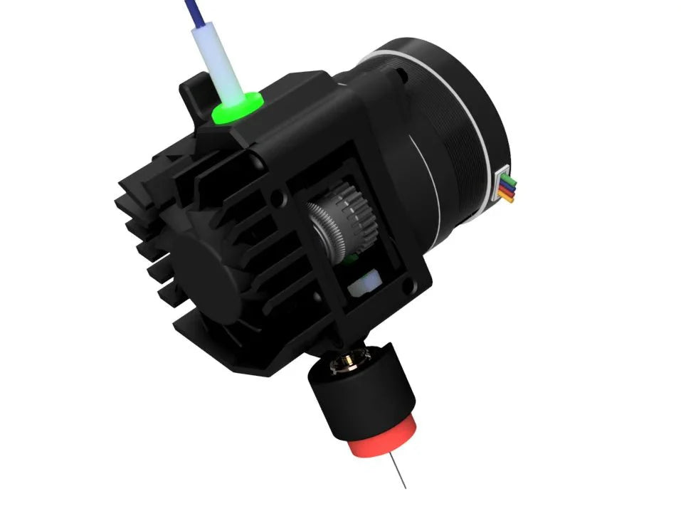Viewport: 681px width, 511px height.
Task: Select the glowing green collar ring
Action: pos(236,108)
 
